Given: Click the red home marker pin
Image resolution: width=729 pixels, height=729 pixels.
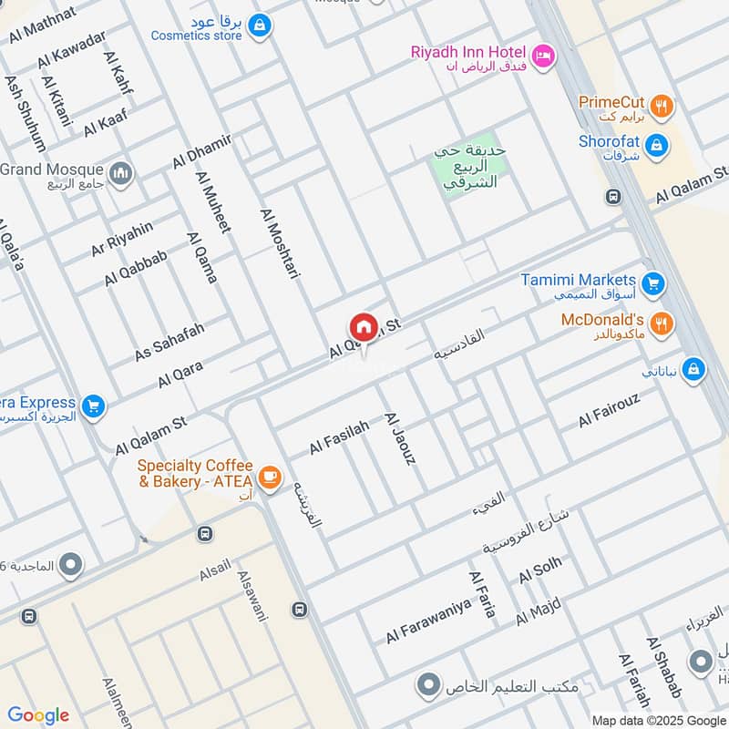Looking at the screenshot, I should click(363, 327).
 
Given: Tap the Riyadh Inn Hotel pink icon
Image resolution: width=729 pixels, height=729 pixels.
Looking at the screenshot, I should click(542, 56).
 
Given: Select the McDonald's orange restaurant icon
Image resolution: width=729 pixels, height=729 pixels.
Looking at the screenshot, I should click(662, 322).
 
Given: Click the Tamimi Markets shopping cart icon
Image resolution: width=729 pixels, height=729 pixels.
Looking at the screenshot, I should click(652, 284).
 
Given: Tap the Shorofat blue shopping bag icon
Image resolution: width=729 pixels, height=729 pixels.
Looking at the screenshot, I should click(655, 145).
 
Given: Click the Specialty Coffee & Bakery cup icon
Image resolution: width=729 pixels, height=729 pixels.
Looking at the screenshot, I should click(269, 476).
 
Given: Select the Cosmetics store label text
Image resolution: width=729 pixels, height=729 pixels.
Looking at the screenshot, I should click(196, 36).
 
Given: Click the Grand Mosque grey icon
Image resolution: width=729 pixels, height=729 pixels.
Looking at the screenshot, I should click(120, 173).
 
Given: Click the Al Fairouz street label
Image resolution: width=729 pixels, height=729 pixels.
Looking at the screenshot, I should click(610, 411).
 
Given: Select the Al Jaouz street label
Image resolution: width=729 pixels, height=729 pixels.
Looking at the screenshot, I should click(400, 438).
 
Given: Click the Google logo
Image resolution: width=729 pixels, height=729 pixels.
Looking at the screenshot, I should click(38, 715).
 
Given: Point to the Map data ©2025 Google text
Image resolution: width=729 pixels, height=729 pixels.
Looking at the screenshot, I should click(657, 719).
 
